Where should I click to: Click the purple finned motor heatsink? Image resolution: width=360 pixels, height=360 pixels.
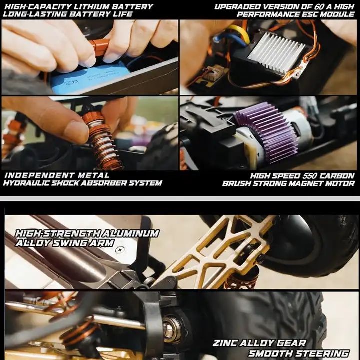pyautogui.click(x=266, y=131)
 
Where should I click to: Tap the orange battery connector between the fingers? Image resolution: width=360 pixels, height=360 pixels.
pyautogui.click(x=100, y=47)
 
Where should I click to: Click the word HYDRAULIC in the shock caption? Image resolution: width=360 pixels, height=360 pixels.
pyautogui.click(x=26, y=183)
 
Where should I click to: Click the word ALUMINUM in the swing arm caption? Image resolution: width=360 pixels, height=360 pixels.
pyautogui.click(x=130, y=233)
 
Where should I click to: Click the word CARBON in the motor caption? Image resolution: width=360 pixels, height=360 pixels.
pyautogui.click(x=337, y=176)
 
